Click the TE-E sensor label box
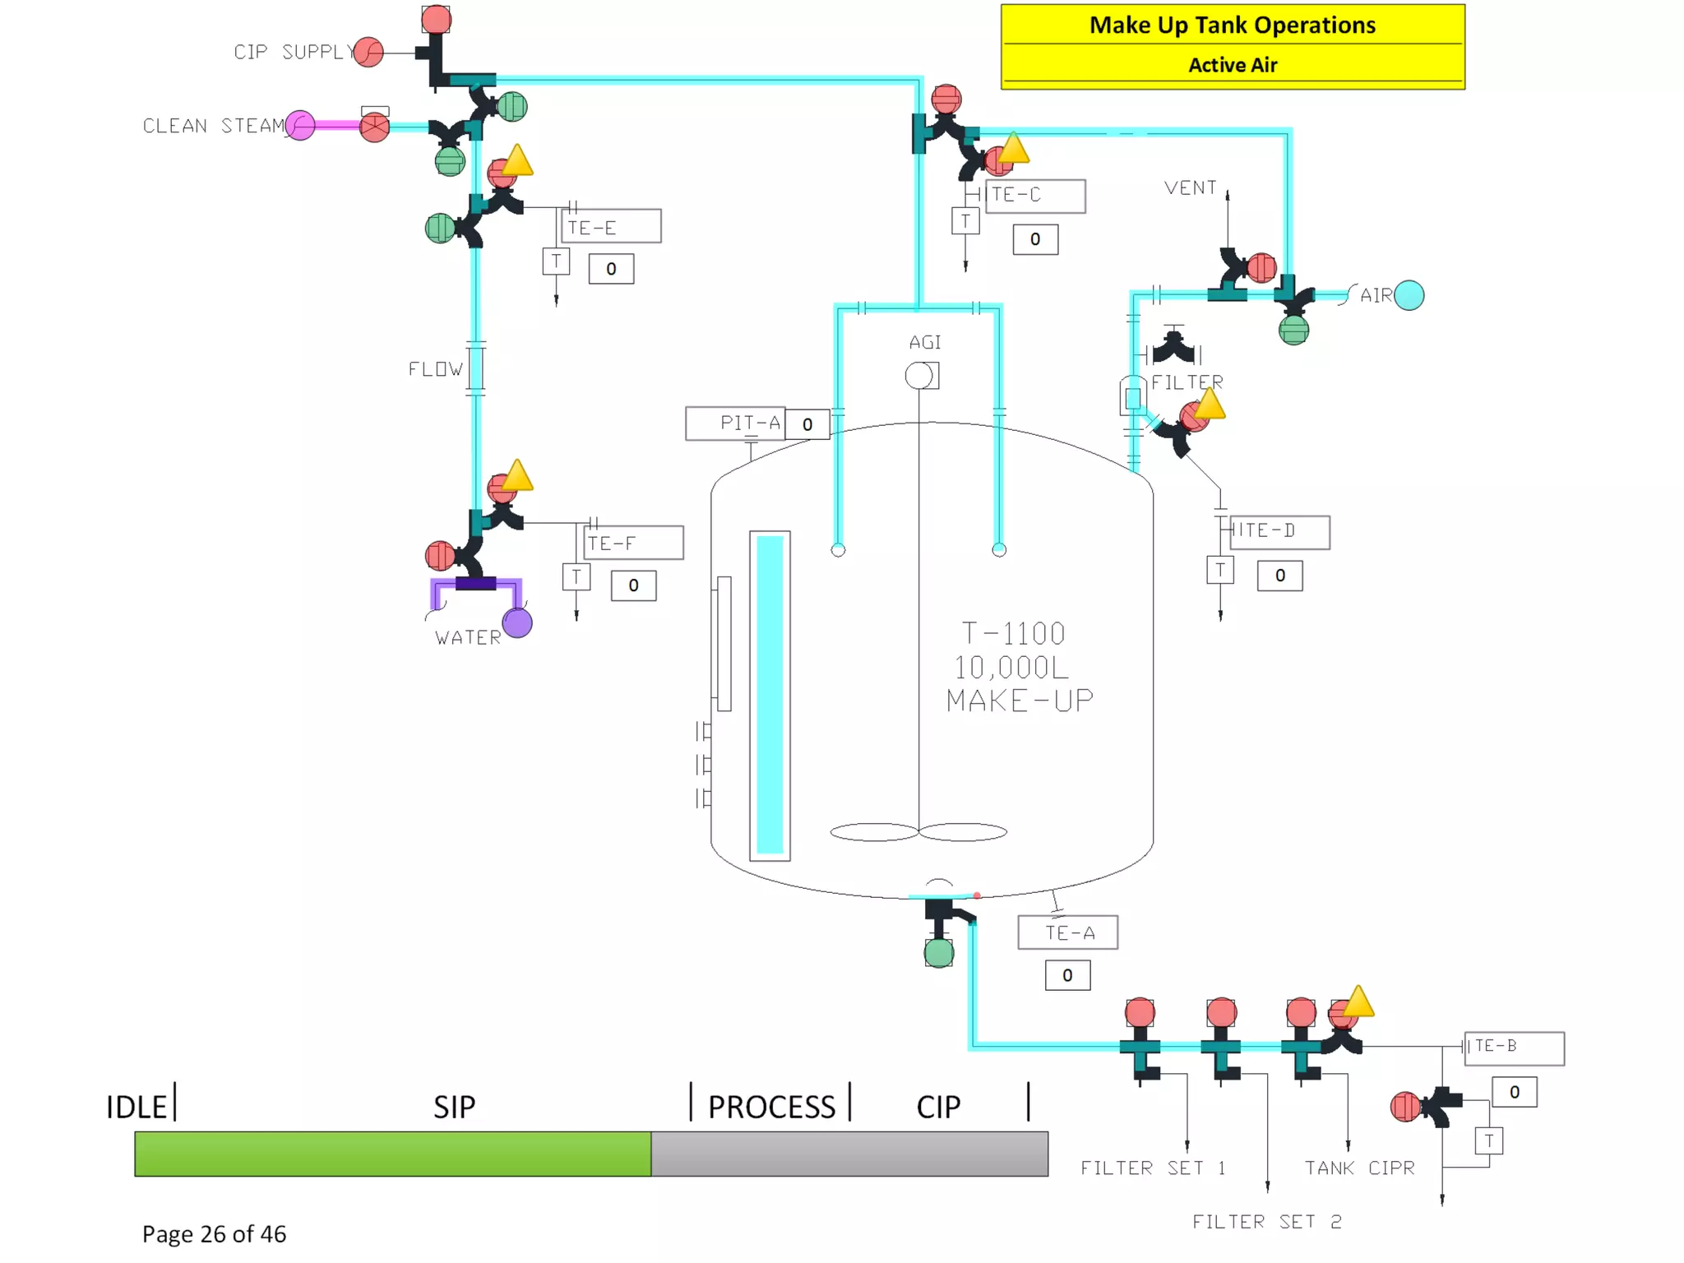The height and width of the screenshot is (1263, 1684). click(611, 226)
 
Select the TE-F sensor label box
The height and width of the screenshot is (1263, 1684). click(633, 543)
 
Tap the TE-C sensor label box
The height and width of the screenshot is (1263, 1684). click(1035, 196)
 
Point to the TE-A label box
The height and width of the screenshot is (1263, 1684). click(1067, 932)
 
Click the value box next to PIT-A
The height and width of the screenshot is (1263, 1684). click(807, 424)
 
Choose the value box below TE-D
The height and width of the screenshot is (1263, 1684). click(1279, 576)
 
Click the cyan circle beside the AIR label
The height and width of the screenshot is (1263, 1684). click(1409, 295)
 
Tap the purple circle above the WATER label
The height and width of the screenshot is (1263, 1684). click(517, 622)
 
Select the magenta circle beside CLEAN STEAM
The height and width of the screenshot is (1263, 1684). click(300, 126)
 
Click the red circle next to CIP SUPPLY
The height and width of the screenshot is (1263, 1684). click(369, 53)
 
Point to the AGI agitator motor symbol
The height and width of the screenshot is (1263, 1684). click(920, 376)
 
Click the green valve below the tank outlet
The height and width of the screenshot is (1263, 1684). click(939, 953)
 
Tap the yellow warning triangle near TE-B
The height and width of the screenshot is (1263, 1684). click(1358, 1002)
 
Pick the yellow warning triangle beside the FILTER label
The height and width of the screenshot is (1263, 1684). click(1209, 405)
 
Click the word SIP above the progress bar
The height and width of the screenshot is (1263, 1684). click(454, 1107)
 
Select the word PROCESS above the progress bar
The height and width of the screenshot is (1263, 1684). click(771, 1107)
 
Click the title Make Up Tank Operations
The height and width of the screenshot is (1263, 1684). click(1232, 25)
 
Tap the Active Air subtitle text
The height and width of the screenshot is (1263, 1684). click(1232, 65)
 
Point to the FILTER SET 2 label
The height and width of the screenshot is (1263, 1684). click(1266, 1222)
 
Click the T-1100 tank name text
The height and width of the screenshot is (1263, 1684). click(1013, 633)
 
